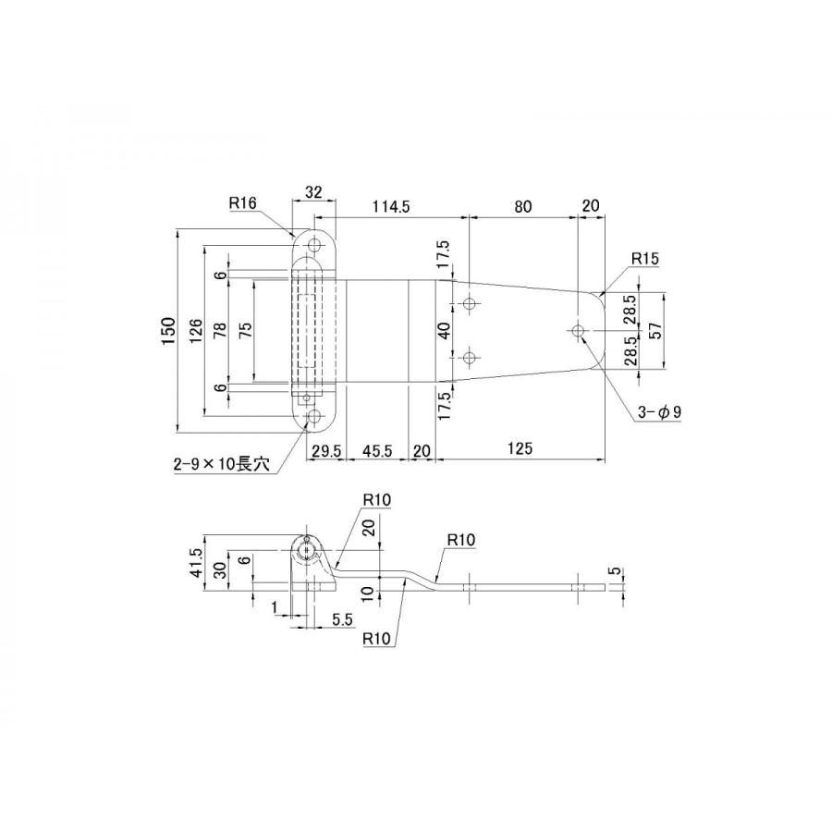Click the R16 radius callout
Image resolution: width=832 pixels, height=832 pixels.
click(242, 202)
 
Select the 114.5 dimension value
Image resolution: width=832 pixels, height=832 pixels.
click(390, 206)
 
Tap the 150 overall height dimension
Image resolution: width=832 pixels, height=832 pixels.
click(168, 331)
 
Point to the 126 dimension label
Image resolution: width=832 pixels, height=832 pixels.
click(195, 331)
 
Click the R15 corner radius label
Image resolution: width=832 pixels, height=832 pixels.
click(644, 259)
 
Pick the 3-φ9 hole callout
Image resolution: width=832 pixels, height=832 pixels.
click(659, 411)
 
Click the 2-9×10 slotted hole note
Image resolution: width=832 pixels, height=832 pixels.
click(221, 464)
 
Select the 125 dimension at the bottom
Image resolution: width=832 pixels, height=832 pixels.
click(520, 449)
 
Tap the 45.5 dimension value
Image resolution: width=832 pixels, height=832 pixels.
click(377, 450)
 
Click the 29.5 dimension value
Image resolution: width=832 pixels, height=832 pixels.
click(325, 451)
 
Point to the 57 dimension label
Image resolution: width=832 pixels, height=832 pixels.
click(655, 331)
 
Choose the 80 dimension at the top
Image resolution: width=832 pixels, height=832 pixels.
click(522, 206)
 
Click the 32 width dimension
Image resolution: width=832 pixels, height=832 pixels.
click(314, 192)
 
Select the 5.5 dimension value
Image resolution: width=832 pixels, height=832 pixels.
click(342, 619)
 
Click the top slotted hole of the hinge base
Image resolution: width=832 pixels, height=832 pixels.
click(315, 245)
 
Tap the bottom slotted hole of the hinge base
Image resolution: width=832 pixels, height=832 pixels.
click(315, 417)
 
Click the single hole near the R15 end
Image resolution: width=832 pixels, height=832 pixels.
click(578, 331)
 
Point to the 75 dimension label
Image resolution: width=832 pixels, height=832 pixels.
click(246, 331)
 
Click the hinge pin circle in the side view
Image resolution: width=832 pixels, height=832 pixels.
click(306, 552)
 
